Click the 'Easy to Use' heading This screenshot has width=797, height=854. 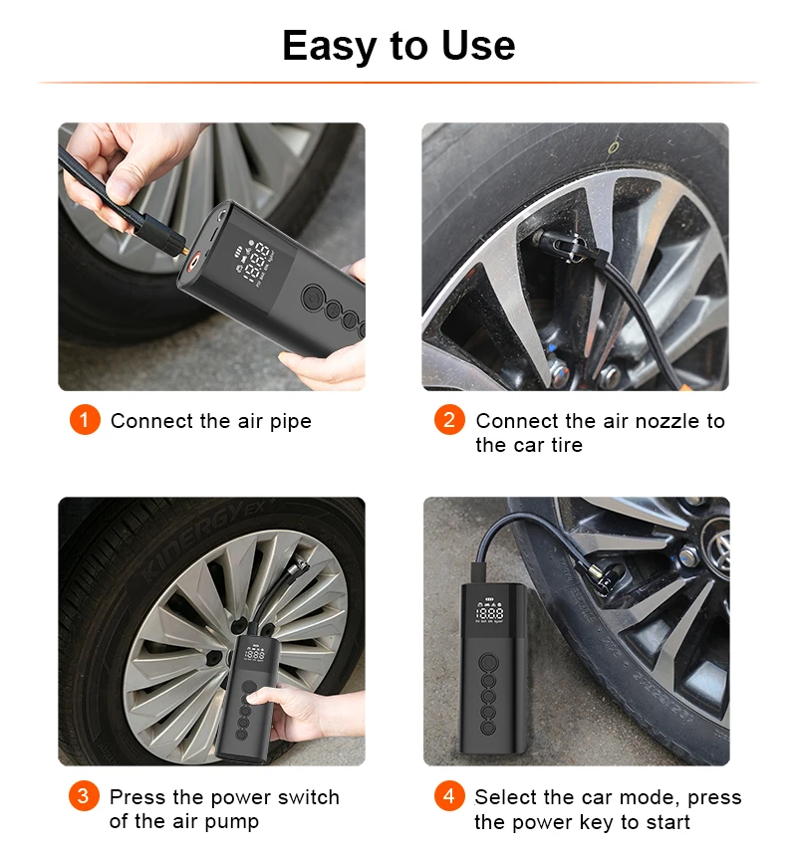[x=398, y=46]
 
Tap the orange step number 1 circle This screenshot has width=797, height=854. [x=85, y=420]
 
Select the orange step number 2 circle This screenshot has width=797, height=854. [x=449, y=420]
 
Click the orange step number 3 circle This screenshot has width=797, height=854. [x=84, y=795]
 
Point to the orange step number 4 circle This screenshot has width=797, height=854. [x=449, y=795]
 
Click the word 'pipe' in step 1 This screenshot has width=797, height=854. [x=291, y=422]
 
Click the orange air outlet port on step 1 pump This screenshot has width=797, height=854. [x=193, y=263]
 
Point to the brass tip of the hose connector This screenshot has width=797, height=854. [x=185, y=251]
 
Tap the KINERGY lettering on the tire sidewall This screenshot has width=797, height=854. [x=206, y=537]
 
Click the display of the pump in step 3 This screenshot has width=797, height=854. [x=255, y=653]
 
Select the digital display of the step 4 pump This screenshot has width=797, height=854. [x=489, y=610]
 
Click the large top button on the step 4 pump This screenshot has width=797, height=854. [x=488, y=662]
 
